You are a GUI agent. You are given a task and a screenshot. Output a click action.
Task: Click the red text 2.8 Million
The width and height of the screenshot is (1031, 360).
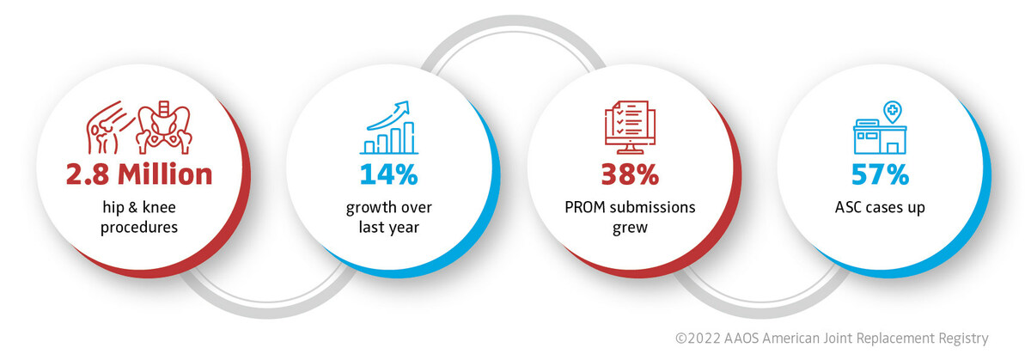tap(139, 174)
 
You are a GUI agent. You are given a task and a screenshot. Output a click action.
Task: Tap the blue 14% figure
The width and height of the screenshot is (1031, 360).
tap(389, 174)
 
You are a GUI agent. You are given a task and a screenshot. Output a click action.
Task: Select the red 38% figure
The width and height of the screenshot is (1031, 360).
tap(630, 174)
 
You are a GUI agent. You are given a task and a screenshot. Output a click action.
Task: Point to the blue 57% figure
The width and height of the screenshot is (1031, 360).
tap(880, 174)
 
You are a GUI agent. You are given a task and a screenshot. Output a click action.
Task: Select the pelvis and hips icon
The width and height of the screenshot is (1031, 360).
tap(164, 127)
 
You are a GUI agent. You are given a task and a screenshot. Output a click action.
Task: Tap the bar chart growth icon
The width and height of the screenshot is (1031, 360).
tap(389, 127)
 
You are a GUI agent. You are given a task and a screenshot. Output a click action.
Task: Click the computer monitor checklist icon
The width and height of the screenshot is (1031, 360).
tap(630, 127)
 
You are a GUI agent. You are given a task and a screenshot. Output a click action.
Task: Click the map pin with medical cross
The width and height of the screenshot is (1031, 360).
tap(893, 112)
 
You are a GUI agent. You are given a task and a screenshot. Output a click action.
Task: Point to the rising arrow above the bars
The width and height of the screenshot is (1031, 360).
tap(389, 115)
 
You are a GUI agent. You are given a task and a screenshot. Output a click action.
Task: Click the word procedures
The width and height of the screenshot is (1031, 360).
tap(139, 228)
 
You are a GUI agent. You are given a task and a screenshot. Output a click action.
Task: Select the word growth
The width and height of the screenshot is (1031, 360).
tap(372, 208)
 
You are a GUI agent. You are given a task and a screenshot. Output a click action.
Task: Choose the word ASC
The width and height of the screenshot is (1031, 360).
tap(848, 208)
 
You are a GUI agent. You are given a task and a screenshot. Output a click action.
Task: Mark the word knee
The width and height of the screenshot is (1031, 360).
tap(159, 207)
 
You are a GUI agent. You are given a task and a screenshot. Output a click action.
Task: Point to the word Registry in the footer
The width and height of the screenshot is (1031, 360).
tap(963, 339)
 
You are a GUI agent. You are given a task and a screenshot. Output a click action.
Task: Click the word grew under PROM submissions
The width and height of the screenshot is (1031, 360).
tap(630, 229)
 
